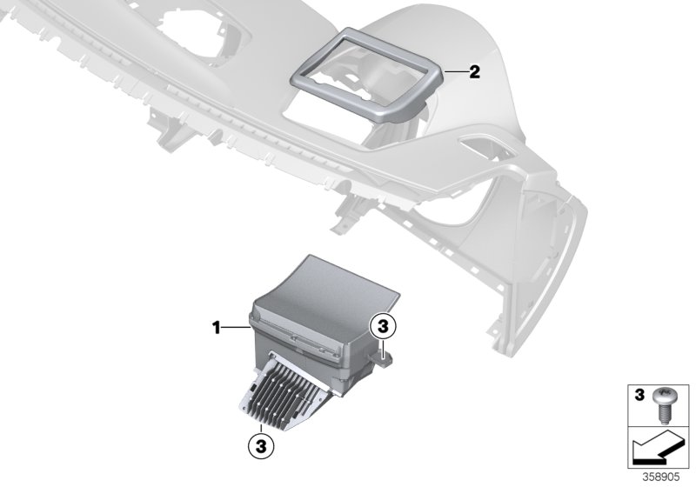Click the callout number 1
click(x=216, y=327)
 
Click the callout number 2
click(x=473, y=72)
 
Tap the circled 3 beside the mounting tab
click(x=382, y=327)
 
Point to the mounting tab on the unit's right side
click(x=380, y=354)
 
